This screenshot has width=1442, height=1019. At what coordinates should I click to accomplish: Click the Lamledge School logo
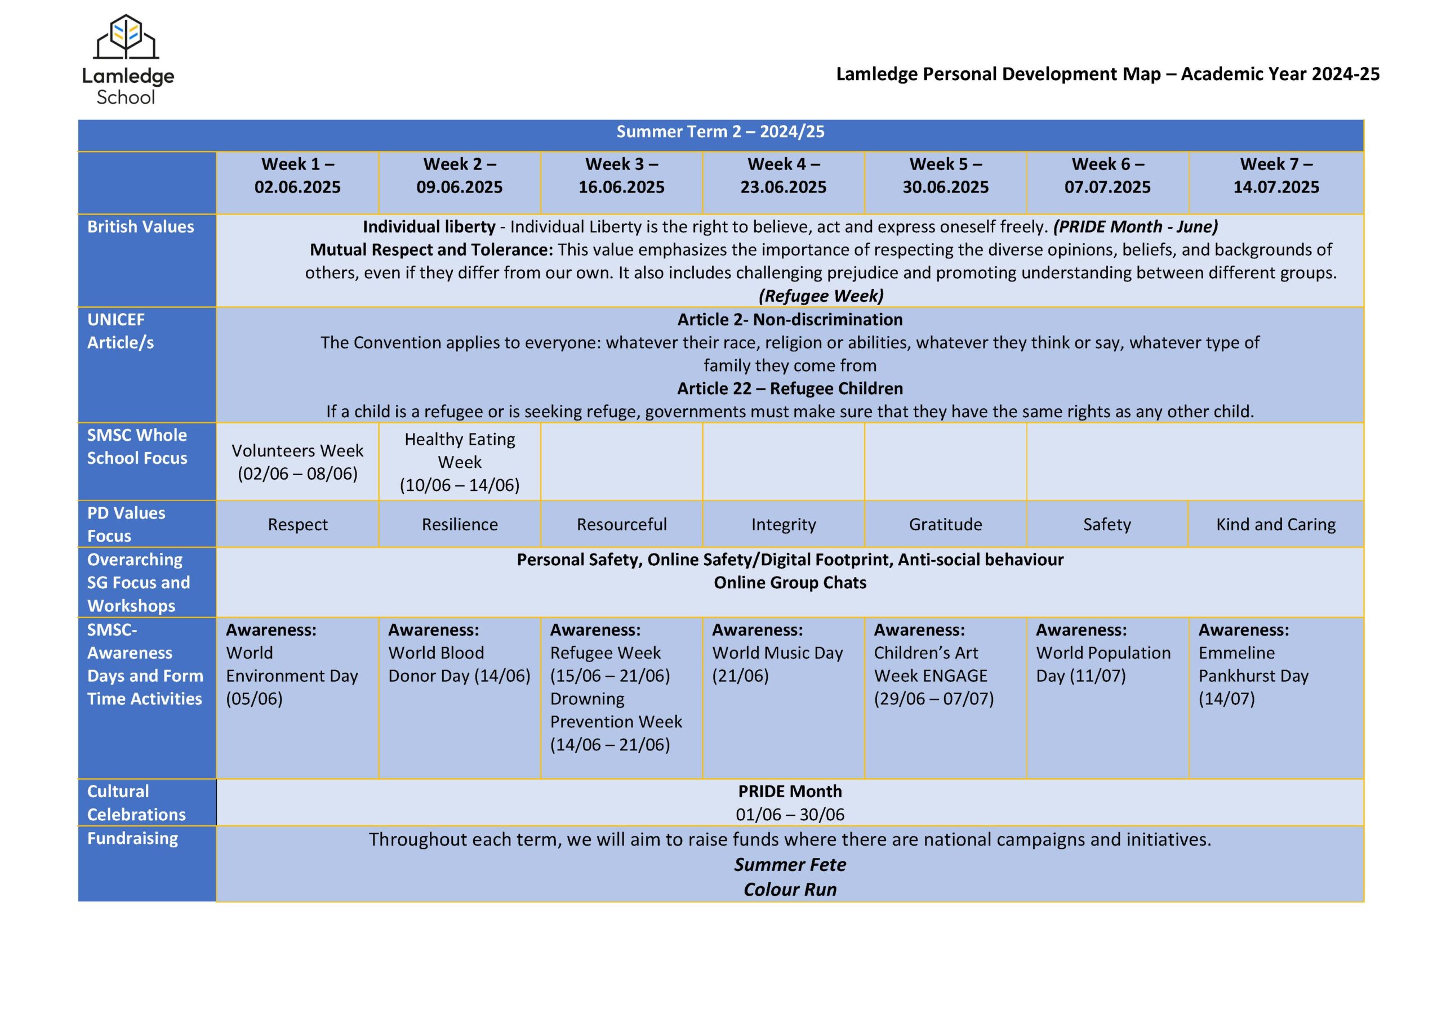click(x=127, y=60)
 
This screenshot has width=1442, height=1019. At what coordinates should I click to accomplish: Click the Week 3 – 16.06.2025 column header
click(x=621, y=176)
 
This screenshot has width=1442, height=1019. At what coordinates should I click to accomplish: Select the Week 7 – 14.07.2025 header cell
click(x=1276, y=176)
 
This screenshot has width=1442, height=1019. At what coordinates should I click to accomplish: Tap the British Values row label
click(x=141, y=227)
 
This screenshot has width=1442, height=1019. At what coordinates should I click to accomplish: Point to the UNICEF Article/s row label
click(x=121, y=331)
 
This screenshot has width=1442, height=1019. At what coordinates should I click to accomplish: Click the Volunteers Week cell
click(x=297, y=462)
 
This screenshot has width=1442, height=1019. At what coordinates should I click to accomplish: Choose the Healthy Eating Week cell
click(x=459, y=462)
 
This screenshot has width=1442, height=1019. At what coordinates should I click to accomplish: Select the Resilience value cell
click(x=459, y=524)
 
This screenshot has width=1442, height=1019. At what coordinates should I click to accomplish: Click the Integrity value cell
click(x=783, y=524)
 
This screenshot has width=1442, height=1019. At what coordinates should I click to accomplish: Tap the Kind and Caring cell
click(x=1276, y=524)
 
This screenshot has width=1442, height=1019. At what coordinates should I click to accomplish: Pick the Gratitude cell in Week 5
click(x=945, y=524)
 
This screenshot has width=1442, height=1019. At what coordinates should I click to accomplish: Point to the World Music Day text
click(x=777, y=653)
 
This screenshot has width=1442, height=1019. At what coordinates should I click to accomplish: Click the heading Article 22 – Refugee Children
click(x=790, y=388)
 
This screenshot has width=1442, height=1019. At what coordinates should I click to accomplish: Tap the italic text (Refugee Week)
click(x=821, y=296)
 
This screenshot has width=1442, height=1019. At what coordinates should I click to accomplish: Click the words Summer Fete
click(x=790, y=865)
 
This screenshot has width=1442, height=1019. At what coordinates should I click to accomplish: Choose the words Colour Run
click(x=790, y=890)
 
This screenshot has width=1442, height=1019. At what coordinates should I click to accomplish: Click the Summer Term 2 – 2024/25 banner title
click(x=720, y=132)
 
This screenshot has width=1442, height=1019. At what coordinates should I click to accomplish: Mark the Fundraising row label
click(x=132, y=838)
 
